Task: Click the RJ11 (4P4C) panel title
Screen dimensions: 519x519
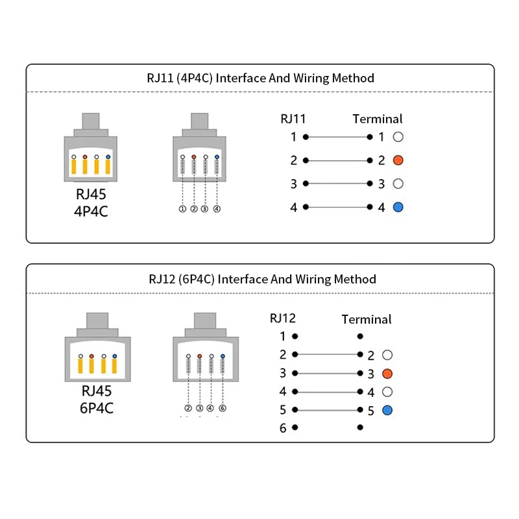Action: click(x=261, y=78)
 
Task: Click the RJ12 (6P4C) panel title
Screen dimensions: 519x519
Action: click(x=263, y=280)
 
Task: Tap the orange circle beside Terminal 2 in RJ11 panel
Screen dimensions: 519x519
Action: click(x=398, y=160)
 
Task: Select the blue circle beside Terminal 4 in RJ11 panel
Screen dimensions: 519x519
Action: click(x=398, y=207)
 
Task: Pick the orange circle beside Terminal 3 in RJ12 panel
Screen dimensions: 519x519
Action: click(x=387, y=374)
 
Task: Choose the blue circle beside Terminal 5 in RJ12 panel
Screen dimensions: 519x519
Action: click(x=387, y=411)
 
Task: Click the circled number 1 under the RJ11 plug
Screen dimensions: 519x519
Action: click(x=182, y=209)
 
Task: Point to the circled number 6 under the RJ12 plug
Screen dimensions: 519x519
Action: click(x=223, y=408)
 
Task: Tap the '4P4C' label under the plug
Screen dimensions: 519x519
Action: click(x=91, y=211)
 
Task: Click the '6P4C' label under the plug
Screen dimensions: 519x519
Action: click(x=97, y=408)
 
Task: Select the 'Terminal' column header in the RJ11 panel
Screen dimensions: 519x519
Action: click(x=378, y=119)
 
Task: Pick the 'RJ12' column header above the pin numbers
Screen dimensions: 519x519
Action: click(x=283, y=318)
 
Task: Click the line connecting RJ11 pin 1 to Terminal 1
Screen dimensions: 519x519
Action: click(x=338, y=137)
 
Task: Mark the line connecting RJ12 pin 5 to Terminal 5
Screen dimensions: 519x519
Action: click(x=328, y=410)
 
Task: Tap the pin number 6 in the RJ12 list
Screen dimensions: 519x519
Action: click(x=283, y=428)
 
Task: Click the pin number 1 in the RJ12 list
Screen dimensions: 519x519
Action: click(x=283, y=336)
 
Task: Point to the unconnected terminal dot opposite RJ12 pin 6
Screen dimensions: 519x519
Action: click(x=360, y=428)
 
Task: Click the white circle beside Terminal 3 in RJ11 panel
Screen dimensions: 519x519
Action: click(x=398, y=184)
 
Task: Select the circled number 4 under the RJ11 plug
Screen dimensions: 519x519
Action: click(x=217, y=209)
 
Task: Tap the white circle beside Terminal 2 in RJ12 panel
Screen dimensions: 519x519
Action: click(x=387, y=355)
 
